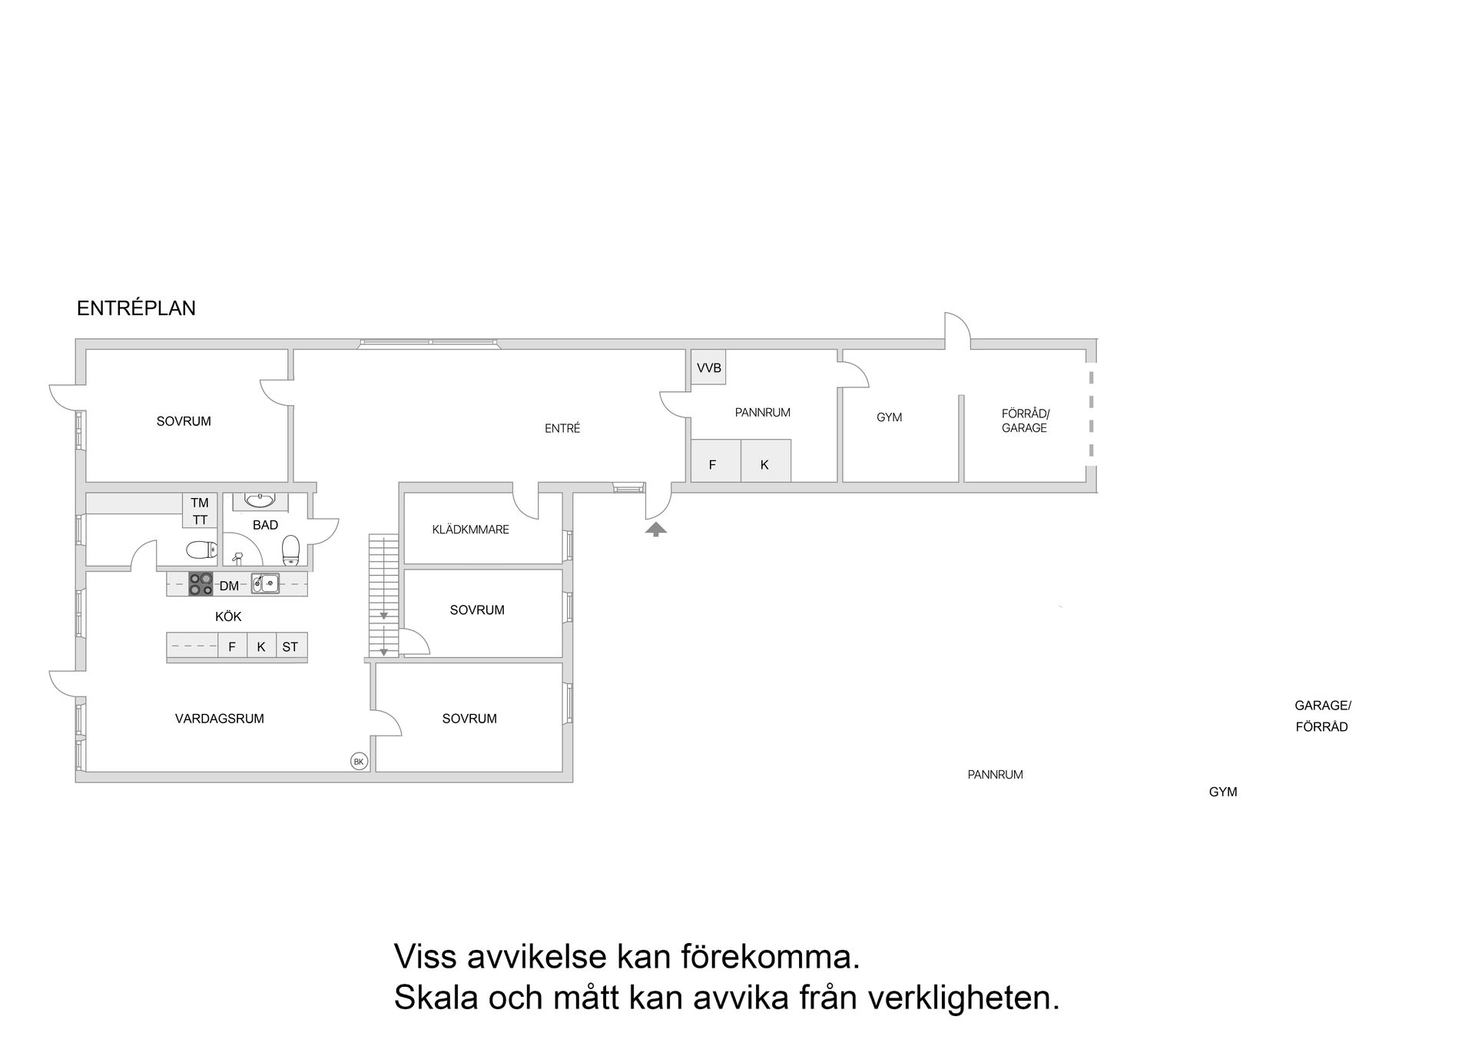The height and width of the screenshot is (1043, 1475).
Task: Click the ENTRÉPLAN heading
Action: [136, 308]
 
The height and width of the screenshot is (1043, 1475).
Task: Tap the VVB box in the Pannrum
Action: [708, 368]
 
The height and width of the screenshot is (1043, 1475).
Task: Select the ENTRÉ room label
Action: [562, 429]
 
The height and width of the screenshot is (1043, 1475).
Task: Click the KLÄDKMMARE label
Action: [470, 530]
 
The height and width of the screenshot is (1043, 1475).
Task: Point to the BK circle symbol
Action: [359, 762]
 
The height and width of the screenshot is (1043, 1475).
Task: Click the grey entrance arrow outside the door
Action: [655, 529]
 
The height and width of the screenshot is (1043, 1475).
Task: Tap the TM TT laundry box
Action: [200, 511]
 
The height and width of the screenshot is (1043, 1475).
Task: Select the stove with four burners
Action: [201, 584]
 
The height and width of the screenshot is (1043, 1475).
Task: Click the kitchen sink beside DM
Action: [265, 583]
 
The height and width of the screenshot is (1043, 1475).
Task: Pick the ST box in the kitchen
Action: [290, 646]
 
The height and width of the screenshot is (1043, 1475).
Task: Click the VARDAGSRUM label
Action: [220, 719]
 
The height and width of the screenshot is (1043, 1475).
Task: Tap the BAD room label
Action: [265, 525]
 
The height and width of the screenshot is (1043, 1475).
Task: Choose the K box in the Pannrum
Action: [765, 464]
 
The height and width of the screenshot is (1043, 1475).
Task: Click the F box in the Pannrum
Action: [713, 464]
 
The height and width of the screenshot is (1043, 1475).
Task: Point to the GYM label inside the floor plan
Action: [889, 417]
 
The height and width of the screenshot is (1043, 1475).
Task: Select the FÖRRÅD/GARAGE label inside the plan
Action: [1025, 420]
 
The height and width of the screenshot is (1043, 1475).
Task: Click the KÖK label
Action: [228, 616]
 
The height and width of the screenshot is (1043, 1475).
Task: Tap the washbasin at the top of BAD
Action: [260, 500]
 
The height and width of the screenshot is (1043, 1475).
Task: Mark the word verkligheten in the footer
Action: [964, 998]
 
